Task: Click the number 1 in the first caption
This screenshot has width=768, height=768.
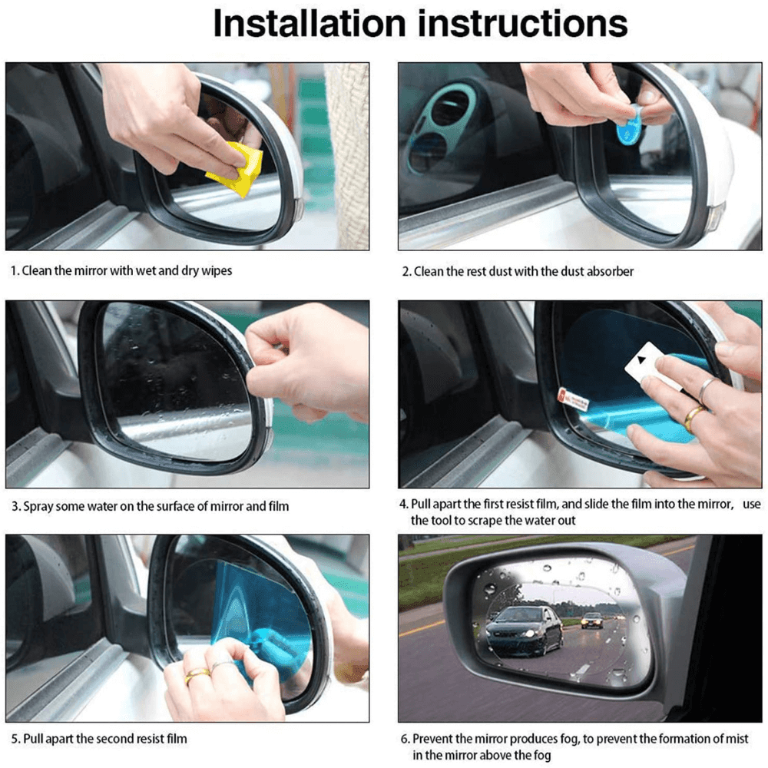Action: click(13, 271)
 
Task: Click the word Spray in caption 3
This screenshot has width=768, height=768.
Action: click(38, 507)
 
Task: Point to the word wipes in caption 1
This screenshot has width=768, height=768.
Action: click(217, 271)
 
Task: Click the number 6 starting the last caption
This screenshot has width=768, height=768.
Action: click(405, 739)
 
